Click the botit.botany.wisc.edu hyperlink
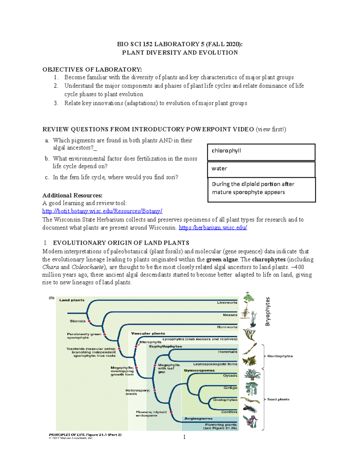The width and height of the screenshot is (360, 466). pyautogui.click(x=102, y=211)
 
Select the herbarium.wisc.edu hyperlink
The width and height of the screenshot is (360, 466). pyautogui.click(x=213, y=227)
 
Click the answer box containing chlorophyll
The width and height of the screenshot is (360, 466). pyautogui.click(x=261, y=152)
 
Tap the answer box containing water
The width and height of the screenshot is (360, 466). pyautogui.click(x=261, y=169)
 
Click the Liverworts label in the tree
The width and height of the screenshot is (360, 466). pyautogui.click(x=227, y=303)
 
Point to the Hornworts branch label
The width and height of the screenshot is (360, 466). pyautogui.click(x=227, y=327)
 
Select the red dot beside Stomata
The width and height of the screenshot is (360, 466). pyautogui.click(x=89, y=321)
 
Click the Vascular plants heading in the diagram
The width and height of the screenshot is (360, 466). pyautogui.click(x=148, y=333)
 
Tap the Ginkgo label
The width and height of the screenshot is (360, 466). pyautogui.click(x=230, y=388)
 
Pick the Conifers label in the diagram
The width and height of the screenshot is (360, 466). pyautogui.click(x=229, y=412)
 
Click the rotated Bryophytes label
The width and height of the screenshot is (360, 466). pyautogui.click(x=268, y=311)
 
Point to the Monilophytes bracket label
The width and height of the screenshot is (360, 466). pyautogui.click(x=280, y=356)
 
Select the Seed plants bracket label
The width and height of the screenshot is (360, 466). pyautogui.click(x=278, y=399)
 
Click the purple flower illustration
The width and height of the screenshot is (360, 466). pyautogui.click(x=250, y=421)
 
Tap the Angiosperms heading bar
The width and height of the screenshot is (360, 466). pyautogui.click(x=198, y=419)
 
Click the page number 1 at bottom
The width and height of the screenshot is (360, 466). pyautogui.click(x=184, y=437)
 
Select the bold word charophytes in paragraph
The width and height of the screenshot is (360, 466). pyautogui.click(x=268, y=259)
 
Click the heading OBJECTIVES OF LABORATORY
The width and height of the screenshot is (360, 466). pyautogui.click(x=92, y=70)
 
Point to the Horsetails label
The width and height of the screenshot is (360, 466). pyautogui.click(x=227, y=352)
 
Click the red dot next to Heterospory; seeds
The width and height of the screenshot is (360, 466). pyautogui.click(x=154, y=390)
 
